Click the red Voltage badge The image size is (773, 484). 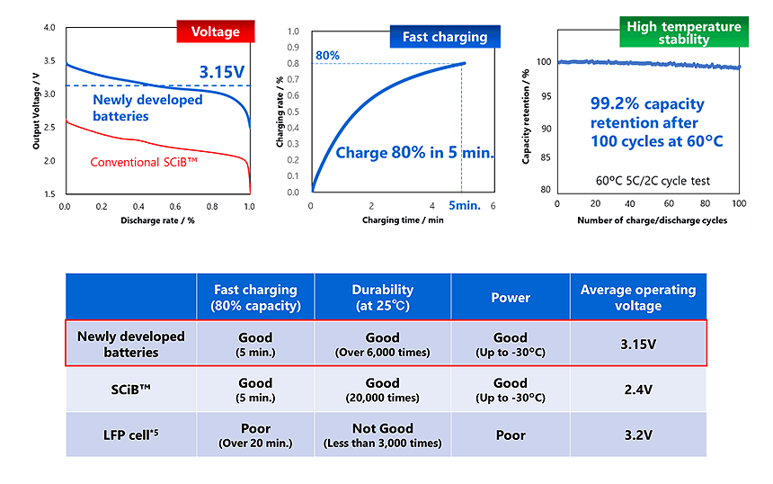coord(215,32)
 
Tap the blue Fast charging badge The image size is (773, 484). coord(445,37)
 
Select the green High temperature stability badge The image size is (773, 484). coord(684,32)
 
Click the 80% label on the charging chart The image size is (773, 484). coord(327,56)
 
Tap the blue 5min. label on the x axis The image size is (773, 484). coord(465,205)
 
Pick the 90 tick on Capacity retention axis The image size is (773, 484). coord(544,128)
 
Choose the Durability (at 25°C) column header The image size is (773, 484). coord(382,297)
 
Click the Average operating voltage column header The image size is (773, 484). coord(637,297)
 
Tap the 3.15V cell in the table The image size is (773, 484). coord(637,343)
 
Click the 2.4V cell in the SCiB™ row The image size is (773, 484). coord(637,390)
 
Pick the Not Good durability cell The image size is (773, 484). coord(382,435)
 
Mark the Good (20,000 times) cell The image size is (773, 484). coord(382,390)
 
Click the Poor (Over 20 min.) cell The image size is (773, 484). coord(255,435)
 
